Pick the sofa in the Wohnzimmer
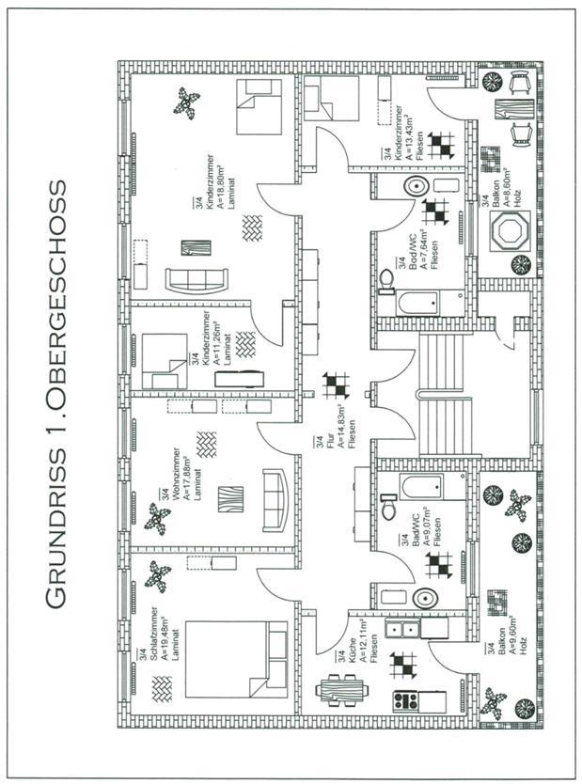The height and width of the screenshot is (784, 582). click(275, 499)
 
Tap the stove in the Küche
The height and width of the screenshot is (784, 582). click(407, 700)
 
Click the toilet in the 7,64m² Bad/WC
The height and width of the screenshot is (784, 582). click(387, 281)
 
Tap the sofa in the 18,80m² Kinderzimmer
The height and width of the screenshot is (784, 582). click(197, 279)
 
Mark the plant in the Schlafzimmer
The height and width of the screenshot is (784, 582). click(157, 573)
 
